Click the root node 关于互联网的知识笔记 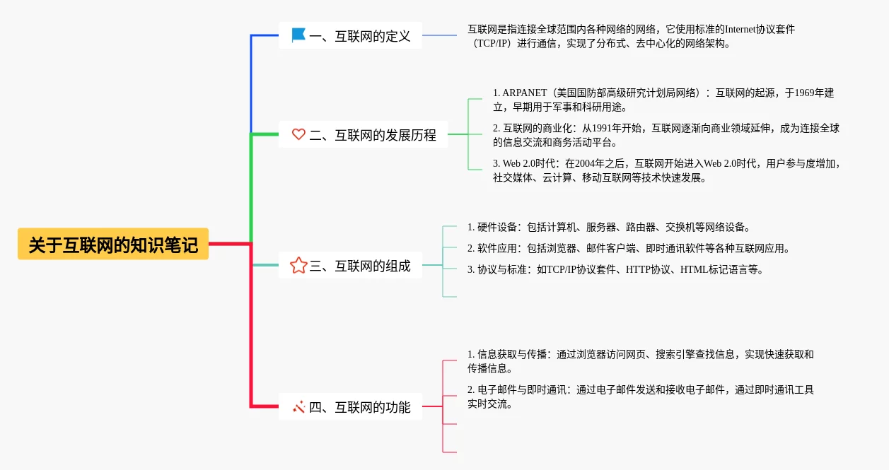tap(113, 245)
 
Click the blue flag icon tap(298, 35)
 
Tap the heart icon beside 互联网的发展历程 tap(298, 134)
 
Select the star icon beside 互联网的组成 tap(298, 266)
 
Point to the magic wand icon tap(298, 406)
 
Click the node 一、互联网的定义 tap(359, 35)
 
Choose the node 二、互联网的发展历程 tap(372, 134)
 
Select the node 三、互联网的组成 tap(359, 266)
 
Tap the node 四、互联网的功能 tap(359, 407)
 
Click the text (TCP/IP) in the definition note tap(494, 43)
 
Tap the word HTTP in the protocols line tap(638, 269)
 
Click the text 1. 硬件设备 tap(493, 227)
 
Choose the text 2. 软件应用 tap(493, 248)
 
